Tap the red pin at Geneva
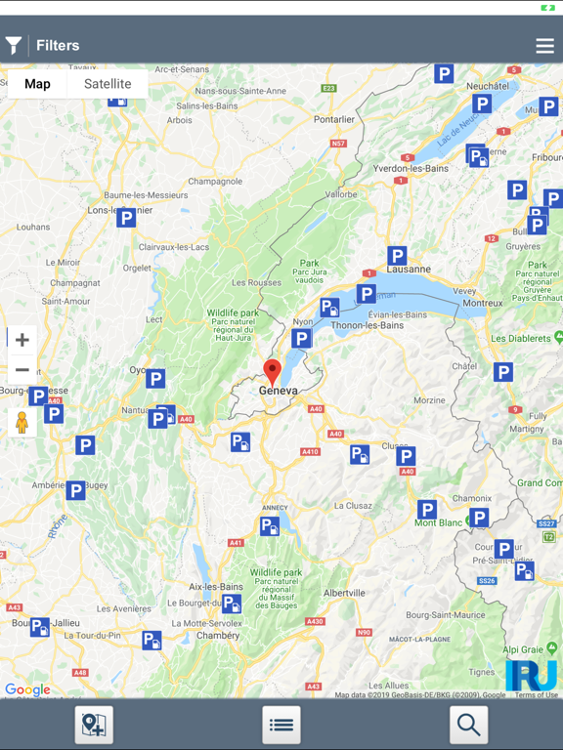click(x=273, y=371)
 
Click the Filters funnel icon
click(x=14, y=45)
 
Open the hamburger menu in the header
click(x=544, y=46)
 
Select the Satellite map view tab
click(x=108, y=84)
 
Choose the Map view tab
click(x=37, y=84)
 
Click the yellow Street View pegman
click(x=22, y=422)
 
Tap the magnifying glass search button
click(x=468, y=725)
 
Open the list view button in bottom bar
click(x=281, y=725)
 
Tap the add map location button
click(x=94, y=725)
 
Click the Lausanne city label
click(x=409, y=270)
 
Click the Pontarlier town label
click(x=334, y=120)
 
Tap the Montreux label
click(x=482, y=304)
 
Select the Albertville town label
click(x=344, y=593)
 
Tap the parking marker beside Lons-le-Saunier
click(x=126, y=218)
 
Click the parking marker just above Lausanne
click(x=396, y=255)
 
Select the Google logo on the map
click(x=27, y=689)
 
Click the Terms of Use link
click(x=536, y=695)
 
